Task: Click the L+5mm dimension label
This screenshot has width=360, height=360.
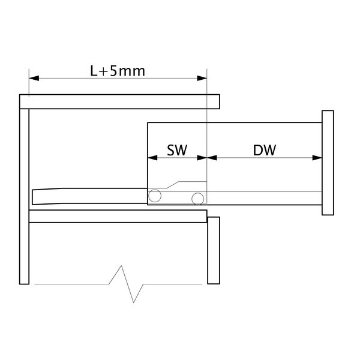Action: click(118, 71)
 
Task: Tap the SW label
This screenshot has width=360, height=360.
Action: click(177, 150)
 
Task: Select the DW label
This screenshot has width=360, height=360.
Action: click(265, 150)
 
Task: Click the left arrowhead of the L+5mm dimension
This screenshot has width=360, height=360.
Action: click(34, 78)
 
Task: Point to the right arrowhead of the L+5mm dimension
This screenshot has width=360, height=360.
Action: click(202, 78)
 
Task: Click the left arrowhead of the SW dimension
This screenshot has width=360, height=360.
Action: click(152, 158)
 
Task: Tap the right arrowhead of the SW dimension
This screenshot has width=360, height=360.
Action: click(202, 158)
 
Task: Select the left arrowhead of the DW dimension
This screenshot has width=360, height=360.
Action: click(212, 158)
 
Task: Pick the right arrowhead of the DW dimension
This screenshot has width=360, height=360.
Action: click(317, 158)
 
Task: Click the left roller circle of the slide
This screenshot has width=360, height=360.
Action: click(155, 190)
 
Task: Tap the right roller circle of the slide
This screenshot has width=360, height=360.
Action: click(197, 193)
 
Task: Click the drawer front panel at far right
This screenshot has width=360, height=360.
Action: click(328, 163)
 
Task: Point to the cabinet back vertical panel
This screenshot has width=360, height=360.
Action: click(25, 196)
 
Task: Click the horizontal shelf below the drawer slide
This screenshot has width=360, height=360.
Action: click(118, 216)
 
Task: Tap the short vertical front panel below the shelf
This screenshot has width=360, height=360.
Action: click(214, 250)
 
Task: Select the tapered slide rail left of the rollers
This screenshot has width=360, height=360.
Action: click(90, 196)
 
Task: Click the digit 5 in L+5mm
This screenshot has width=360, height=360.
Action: click(113, 71)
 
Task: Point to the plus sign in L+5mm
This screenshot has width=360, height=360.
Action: click(104, 71)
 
